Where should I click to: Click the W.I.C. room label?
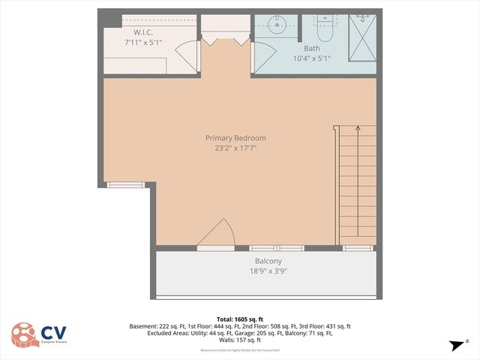[x=144, y=32]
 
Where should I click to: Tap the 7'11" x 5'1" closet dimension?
[x=144, y=43]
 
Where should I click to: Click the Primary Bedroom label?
[x=235, y=138]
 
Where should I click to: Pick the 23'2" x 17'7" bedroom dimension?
[x=235, y=148]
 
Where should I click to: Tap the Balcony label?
[x=268, y=261]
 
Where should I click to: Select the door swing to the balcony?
[x=217, y=234]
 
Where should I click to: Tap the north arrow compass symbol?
[x=455, y=345]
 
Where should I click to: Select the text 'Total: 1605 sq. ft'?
[x=239, y=318]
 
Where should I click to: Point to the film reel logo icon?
[x=25, y=335]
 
